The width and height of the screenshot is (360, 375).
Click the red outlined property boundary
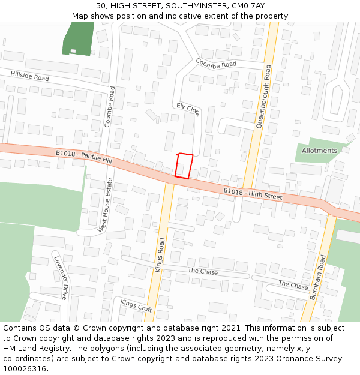184,166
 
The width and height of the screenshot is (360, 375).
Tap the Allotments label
319,151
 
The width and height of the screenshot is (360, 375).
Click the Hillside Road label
29,76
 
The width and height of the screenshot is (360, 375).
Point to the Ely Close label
188,109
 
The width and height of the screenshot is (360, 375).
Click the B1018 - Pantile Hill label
84,157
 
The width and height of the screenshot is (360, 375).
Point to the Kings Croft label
136,305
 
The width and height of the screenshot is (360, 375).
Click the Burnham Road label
317,277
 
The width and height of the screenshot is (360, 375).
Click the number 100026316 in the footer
24,369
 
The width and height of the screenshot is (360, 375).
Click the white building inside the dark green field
73,50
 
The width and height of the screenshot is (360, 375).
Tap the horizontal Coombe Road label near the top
216,63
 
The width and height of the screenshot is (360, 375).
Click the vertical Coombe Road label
109,106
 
